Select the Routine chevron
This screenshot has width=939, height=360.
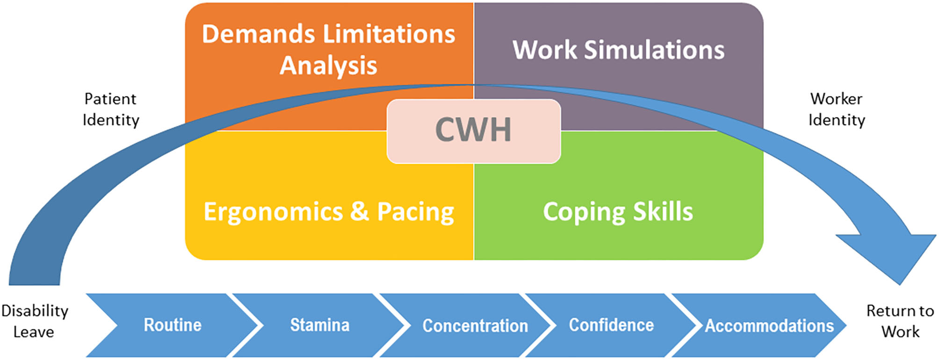click(172, 325)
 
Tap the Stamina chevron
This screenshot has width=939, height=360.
click(319, 325)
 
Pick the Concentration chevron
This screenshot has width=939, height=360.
click(475, 325)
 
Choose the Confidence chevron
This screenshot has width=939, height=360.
click(611, 325)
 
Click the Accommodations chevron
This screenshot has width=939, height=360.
click(769, 325)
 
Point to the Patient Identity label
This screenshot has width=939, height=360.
click(111, 109)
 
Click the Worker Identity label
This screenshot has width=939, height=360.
click(837, 109)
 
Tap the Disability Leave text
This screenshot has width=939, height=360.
click(35, 321)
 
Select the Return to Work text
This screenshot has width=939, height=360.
click(900, 321)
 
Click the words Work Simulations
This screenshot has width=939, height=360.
click(618, 50)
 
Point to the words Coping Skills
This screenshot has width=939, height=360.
click(618, 212)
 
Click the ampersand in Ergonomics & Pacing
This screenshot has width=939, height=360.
click(359, 211)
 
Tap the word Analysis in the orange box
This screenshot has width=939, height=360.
click(328, 65)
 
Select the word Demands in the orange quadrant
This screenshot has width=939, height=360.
click(258, 35)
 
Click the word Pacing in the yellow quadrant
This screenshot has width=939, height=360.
click(415, 212)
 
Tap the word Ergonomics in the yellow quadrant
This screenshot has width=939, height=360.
click(273, 212)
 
